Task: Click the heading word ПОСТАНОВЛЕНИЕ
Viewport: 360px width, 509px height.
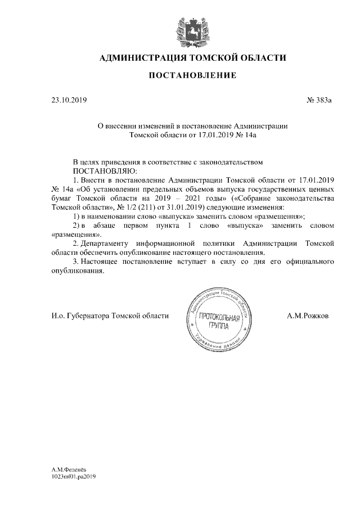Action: coord(192,75)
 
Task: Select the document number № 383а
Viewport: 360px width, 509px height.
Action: coord(319,101)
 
